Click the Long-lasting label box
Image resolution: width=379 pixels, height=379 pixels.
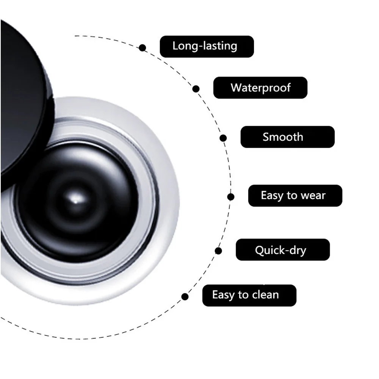tap(207, 47)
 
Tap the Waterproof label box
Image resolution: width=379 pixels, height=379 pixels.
tap(260, 88)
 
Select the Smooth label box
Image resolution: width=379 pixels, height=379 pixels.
tap(287, 137)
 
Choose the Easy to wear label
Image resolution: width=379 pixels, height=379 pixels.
tap(295, 196)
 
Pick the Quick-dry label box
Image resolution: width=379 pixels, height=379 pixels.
tap(283, 250)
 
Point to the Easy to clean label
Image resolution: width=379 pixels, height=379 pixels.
tap(249, 295)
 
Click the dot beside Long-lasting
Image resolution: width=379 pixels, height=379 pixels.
tap(143, 48)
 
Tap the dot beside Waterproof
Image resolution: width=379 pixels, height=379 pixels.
tap(196, 89)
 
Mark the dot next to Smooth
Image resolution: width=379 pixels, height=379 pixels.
tap(223, 138)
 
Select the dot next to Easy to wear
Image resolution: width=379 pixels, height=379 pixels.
tap(231, 197)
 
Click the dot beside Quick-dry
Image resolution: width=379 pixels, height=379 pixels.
tap(218, 251)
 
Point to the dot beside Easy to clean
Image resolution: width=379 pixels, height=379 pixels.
tap(185, 296)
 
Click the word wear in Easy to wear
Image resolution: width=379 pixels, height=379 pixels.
tap(313, 196)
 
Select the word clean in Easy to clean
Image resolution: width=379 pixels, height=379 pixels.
tap(264, 295)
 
